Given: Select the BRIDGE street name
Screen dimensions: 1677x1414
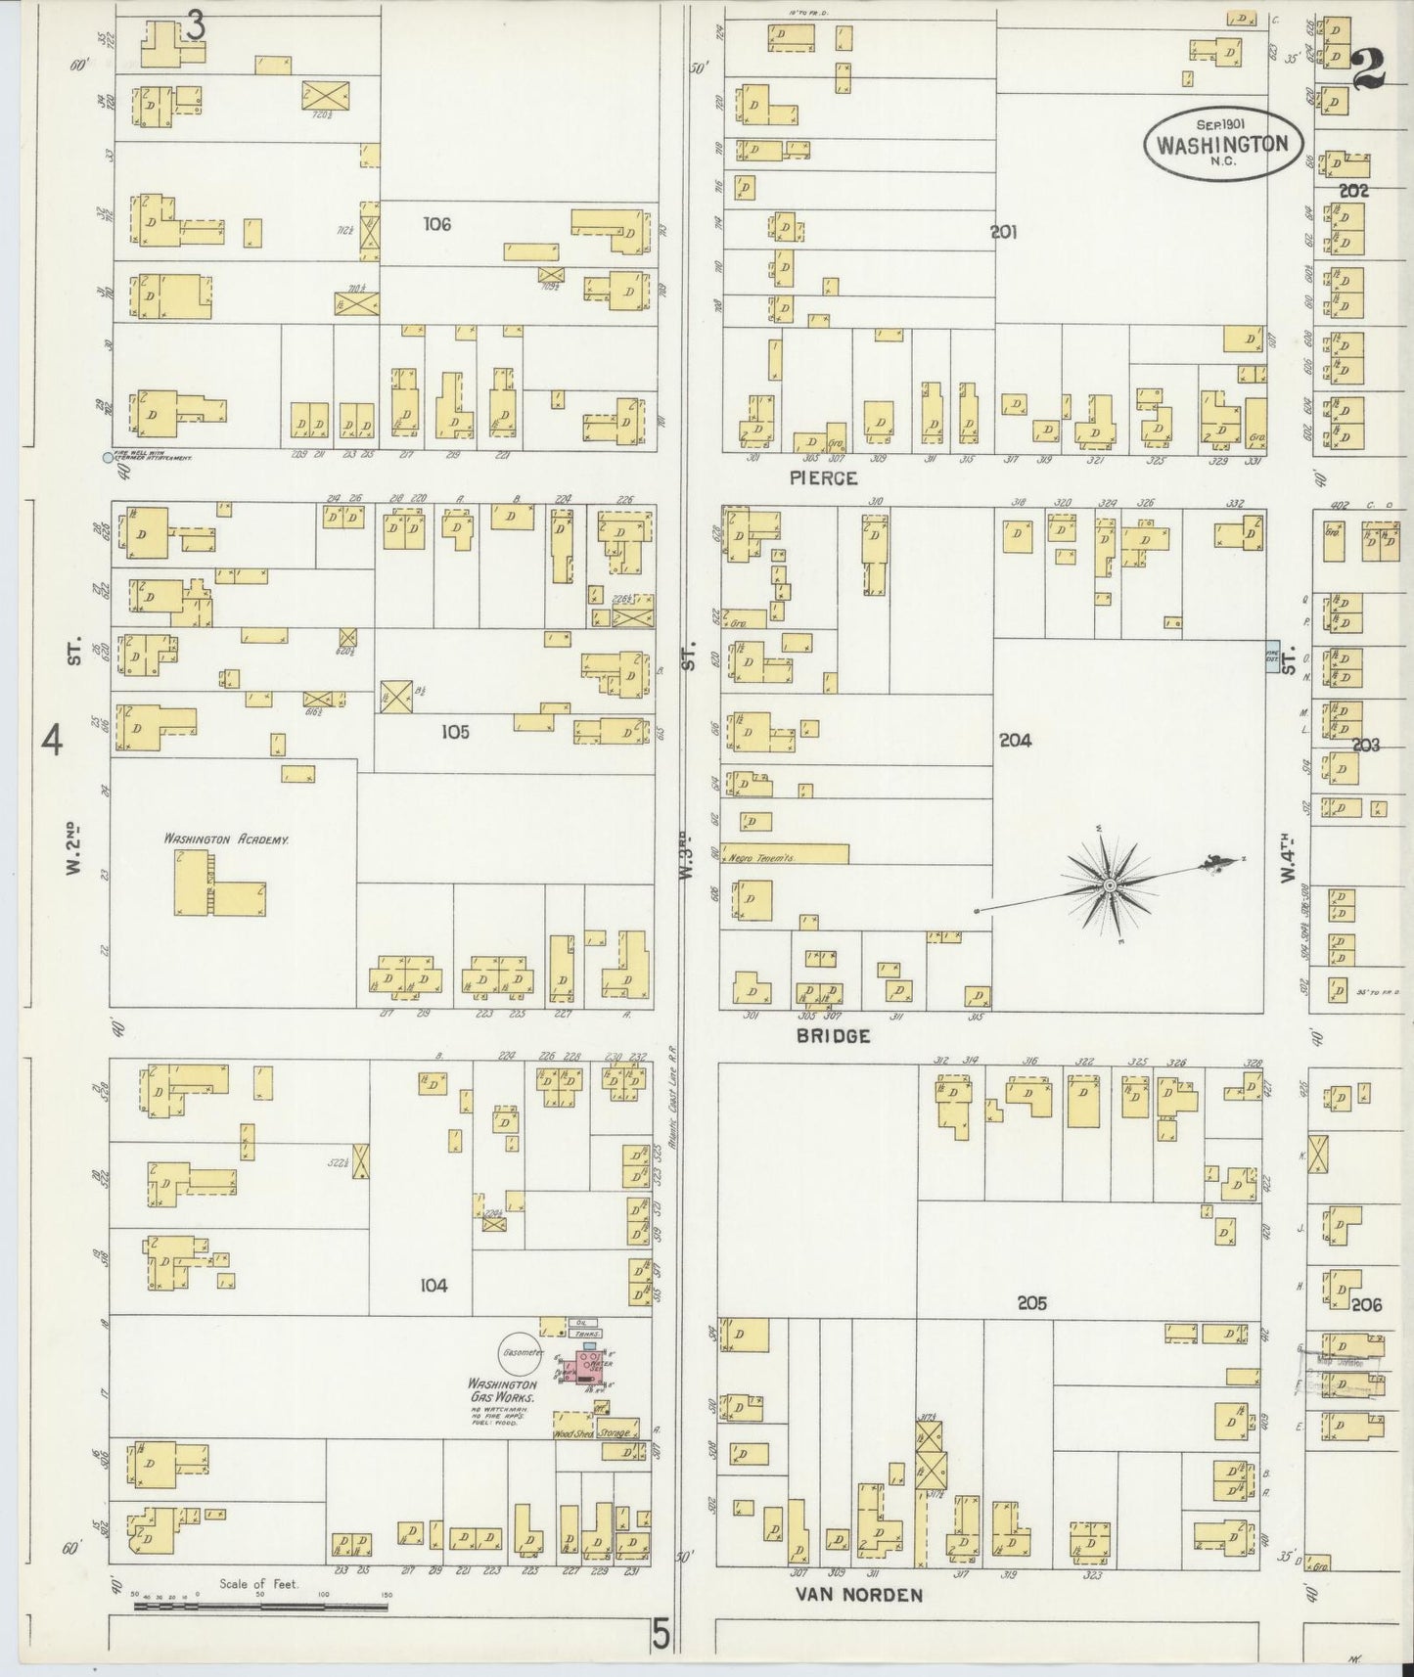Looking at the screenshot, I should pos(833,1036).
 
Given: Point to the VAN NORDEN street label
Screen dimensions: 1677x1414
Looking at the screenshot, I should pos(857,1595).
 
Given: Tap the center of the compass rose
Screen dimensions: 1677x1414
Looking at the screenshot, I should pos(1110,886).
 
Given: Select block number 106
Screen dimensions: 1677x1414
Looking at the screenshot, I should pos(436,224).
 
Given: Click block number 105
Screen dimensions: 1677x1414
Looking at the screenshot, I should pos(455,731).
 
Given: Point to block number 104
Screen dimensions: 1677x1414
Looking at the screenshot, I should pos(433,1286).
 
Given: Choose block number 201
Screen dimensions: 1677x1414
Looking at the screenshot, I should pos(1003,232).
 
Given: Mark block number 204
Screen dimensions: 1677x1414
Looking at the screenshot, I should pos(1015,741).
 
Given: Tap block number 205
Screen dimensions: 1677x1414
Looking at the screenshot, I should pos(1031,1303).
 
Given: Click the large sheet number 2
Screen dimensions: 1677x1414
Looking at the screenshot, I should pos(1368,68).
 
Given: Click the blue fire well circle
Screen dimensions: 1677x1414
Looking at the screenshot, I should pos(108,457).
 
